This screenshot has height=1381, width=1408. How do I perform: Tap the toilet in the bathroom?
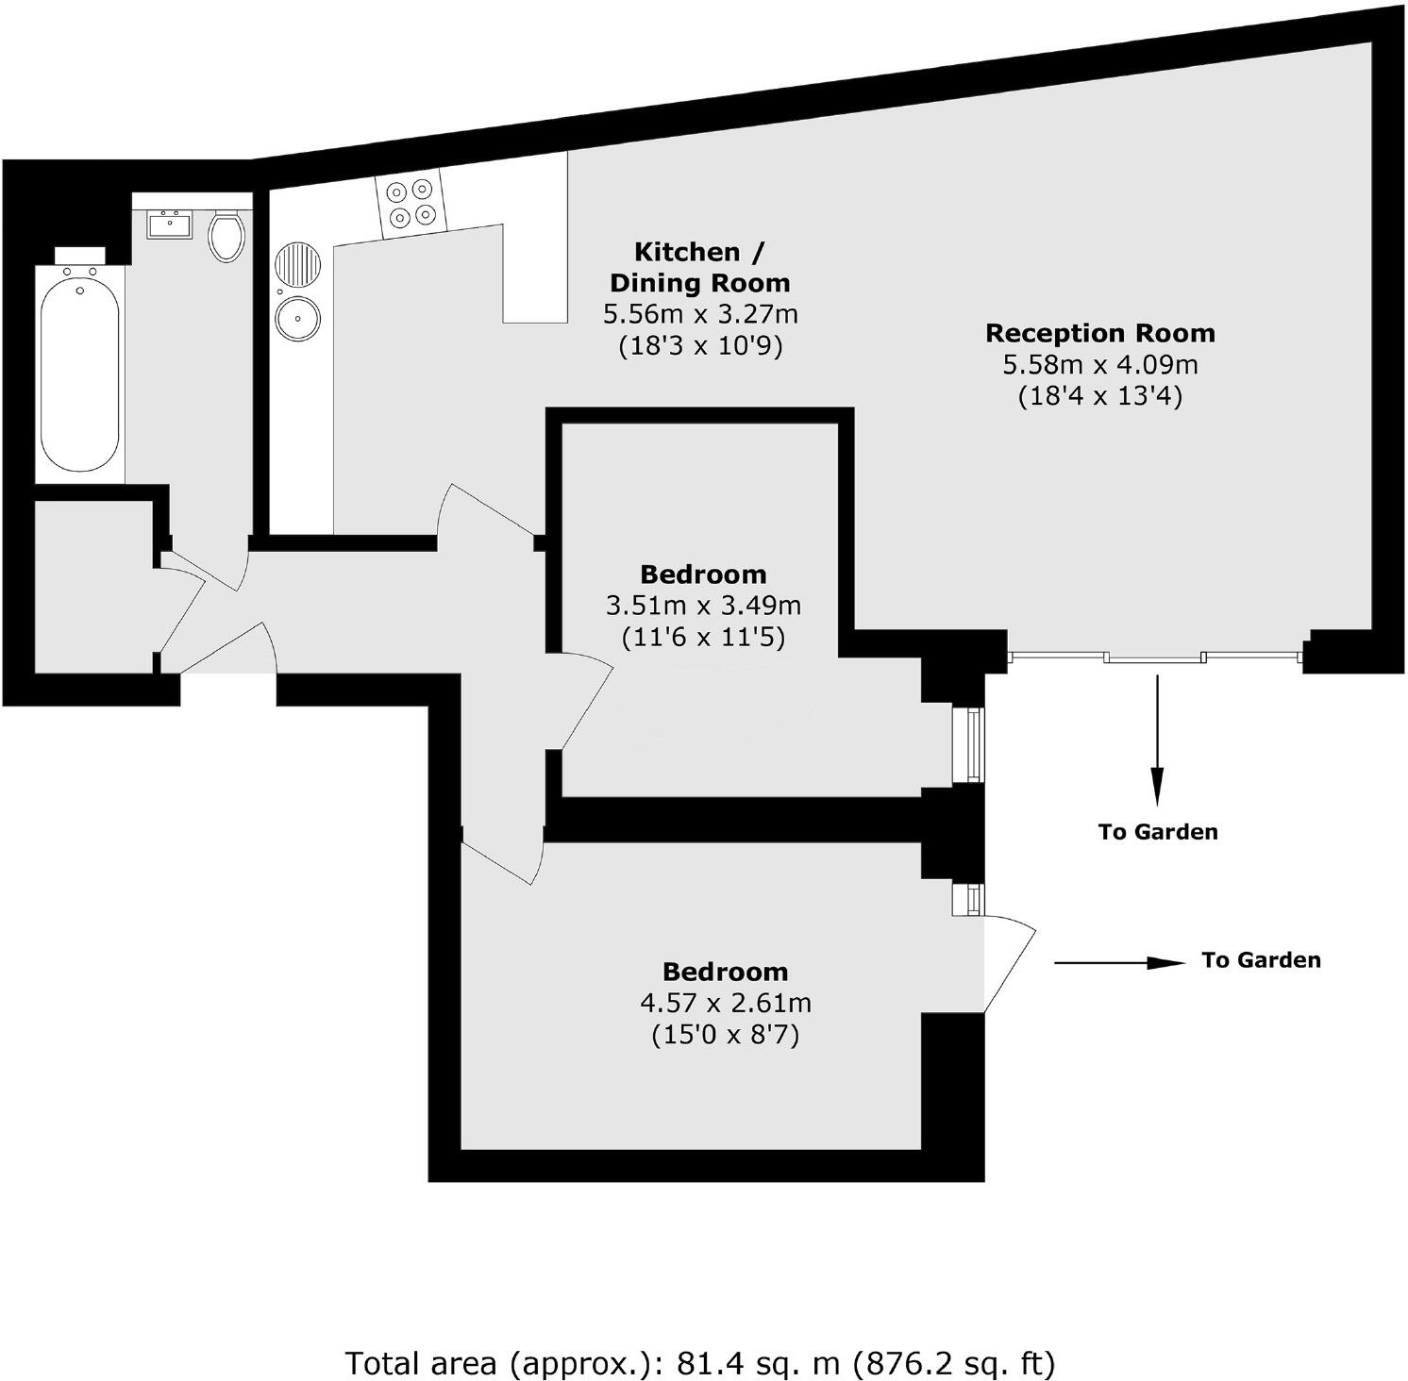coord(226,236)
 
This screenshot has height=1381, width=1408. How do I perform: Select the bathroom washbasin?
coord(170,225)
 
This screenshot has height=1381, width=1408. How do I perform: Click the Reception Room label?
coord(1099,333)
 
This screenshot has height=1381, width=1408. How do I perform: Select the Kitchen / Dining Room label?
coord(699,267)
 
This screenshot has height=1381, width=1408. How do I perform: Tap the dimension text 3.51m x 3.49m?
coord(703,606)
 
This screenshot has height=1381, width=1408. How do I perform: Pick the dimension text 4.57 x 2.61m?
coord(725,1003)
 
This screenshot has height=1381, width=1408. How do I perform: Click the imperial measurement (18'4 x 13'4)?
coord(1099,396)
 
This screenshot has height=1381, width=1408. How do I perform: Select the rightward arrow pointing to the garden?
coord(1119,963)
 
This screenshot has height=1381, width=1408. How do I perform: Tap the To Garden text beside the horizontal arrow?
coord(1261,960)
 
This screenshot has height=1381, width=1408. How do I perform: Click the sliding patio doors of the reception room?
coord(1156,657)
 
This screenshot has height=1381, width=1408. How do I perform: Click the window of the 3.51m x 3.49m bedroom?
coord(968,744)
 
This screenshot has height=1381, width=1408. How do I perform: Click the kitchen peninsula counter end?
coord(535,283)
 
